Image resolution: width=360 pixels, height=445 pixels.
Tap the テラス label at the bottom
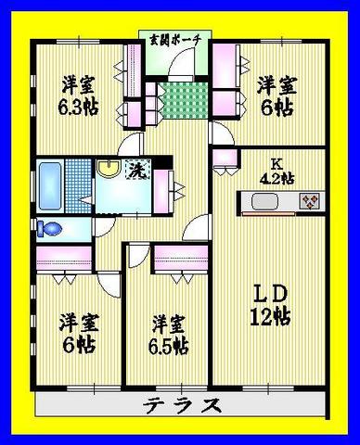pos(183,405)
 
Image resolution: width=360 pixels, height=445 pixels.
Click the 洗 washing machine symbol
pos(135,171)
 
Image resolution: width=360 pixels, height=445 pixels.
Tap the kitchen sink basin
pos(262,201)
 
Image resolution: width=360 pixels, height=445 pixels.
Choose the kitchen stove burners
pos(307,200)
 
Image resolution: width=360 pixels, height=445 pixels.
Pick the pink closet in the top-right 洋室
pos(225,78)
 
